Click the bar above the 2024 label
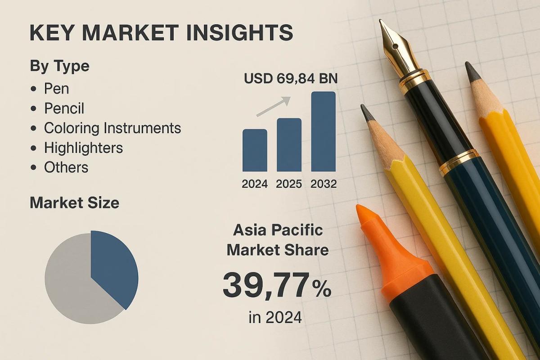(x=255, y=150)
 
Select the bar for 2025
(x=289, y=144)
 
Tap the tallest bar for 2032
(x=323, y=131)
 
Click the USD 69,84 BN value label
(x=291, y=79)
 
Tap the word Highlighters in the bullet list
(x=83, y=148)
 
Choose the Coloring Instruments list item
(x=112, y=128)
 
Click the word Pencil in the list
(x=64, y=108)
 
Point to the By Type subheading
(x=59, y=66)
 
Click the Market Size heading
(x=74, y=203)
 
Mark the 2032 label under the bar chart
(x=323, y=184)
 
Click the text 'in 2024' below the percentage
(x=275, y=318)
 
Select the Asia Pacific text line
(x=278, y=230)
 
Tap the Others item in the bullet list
(x=66, y=167)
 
